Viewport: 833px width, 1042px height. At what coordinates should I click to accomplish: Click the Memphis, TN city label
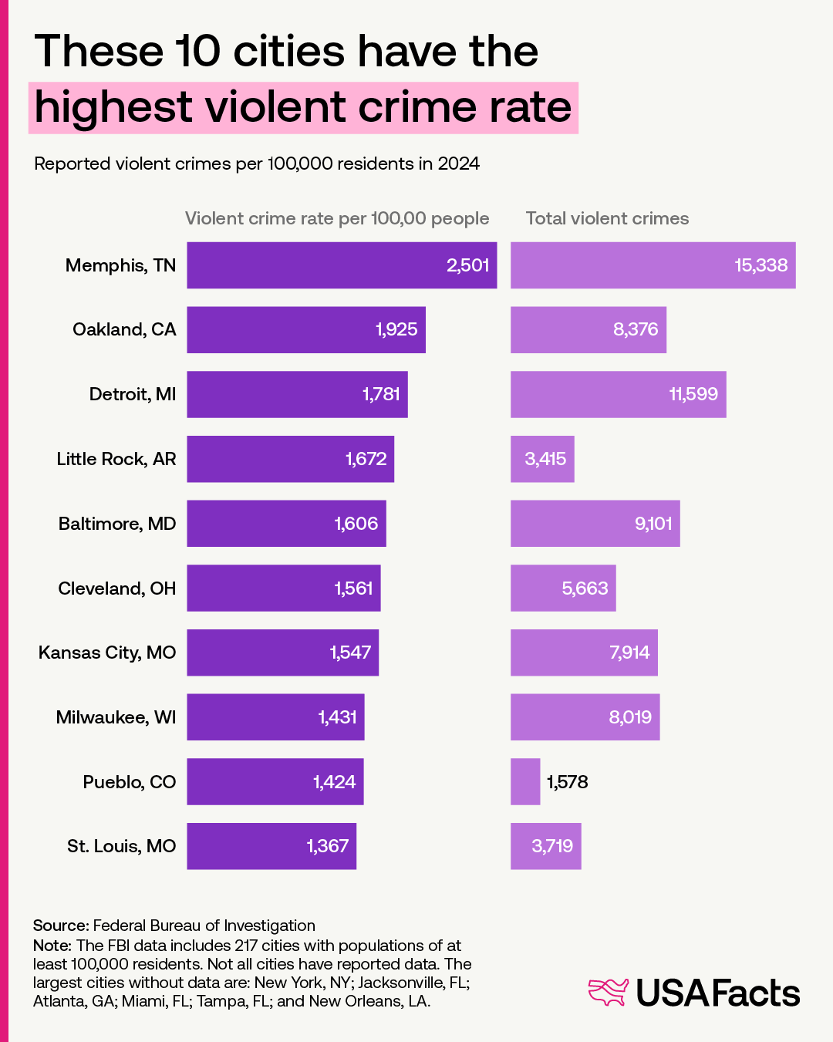point(120,265)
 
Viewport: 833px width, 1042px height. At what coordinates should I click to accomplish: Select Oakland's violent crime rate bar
point(305,330)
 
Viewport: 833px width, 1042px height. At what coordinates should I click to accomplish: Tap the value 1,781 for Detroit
point(381,394)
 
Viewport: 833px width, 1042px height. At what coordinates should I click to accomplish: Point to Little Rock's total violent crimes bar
point(542,459)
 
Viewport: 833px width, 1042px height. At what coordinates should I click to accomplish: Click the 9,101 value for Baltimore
point(653,524)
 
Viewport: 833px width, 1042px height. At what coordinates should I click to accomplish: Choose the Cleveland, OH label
point(117,588)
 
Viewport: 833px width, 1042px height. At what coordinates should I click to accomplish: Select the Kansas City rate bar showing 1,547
point(282,653)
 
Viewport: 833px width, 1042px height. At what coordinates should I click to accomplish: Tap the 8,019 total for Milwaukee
point(630,717)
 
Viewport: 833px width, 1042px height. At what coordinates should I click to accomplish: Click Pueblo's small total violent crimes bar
point(525,782)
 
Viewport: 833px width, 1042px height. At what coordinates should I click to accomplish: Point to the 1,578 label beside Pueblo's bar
point(568,782)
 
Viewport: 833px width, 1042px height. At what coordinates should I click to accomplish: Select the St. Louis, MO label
point(121,846)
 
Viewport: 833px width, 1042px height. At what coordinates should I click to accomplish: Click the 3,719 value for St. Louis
point(552,846)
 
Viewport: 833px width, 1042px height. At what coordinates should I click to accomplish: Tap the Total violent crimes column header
point(607,218)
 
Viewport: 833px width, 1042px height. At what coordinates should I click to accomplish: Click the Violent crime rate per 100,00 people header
point(337,218)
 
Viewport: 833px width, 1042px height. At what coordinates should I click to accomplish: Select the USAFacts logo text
point(717,993)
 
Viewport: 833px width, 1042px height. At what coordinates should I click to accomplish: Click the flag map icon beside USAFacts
point(609,992)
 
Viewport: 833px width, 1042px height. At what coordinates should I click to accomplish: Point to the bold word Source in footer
point(60,926)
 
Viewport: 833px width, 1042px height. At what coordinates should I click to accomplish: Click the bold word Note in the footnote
point(52,946)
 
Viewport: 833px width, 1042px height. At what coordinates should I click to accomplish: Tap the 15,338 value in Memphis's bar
point(760,265)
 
